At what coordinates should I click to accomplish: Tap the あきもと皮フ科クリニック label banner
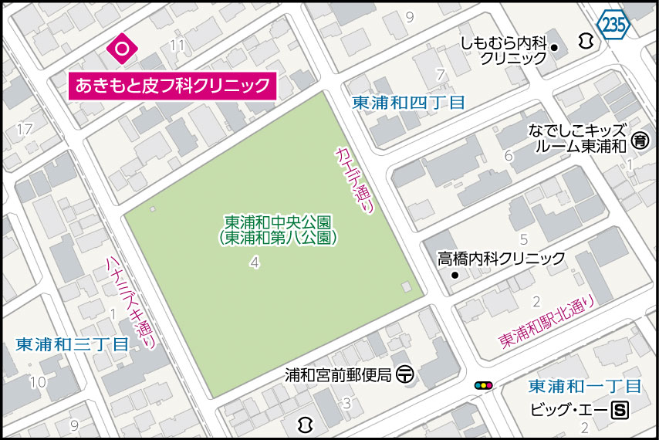tap(171, 85)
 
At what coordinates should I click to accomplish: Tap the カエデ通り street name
tap(355, 180)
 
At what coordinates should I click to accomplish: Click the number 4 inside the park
tap(254, 264)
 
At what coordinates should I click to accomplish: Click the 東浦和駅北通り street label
tap(547, 323)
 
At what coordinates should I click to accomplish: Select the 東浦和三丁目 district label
tap(72, 345)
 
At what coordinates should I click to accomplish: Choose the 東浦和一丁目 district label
tap(584, 386)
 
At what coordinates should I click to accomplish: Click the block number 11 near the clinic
tap(177, 46)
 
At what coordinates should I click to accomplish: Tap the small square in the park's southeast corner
tap(406, 288)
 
